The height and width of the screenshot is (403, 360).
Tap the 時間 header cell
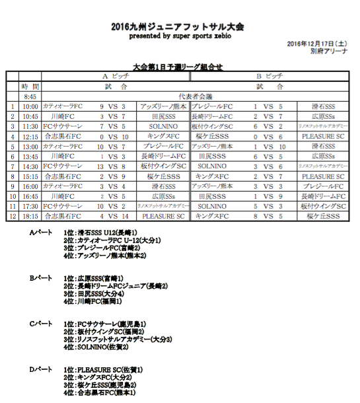pyautogui.click(x=30, y=87)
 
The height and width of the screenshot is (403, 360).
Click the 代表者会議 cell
pyautogui.click(x=192, y=96)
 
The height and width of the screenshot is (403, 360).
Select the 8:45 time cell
pyautogui.click(x=30, y=96)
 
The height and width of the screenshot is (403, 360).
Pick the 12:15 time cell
pyautogui.click(x=30, y=136)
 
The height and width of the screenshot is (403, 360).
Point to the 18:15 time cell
pyautogui.click(x=30, y=215)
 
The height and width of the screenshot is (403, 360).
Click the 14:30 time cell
pyautogui.click(x=30, y=166)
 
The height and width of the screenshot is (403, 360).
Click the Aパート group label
pyautogui.click(x=40, y=233)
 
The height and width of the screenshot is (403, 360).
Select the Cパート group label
pyautogui.click(x=40, y=323)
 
